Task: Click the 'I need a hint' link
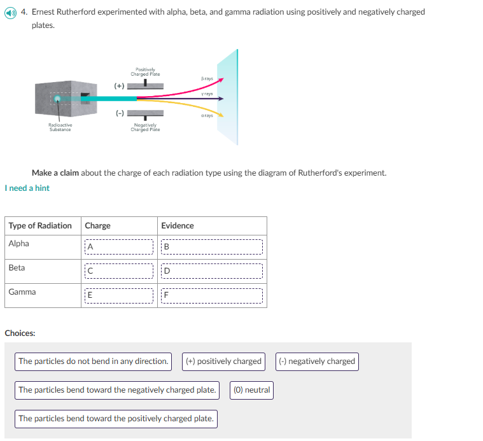pyautogui.click(x=27, y=188)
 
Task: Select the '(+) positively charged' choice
pyautogui.click(x=223, y=361)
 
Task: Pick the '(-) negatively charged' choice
pyautogui.click(x=317, y=361)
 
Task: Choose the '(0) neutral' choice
pyautogui.click(x=252, y=390)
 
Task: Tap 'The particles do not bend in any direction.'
pyautogui.click(x=94, y=361)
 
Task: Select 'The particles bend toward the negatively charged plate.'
pyautogui.click(x=117, y=390)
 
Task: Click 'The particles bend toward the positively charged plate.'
pyautogui.click(x=116, y=419)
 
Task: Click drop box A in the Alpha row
pyautogui.click(x=119, y=246)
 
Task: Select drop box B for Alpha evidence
pyautogui.click(x=212, y=246)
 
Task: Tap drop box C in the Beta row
pyautogui.click(x=119, y=271)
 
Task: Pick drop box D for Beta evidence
pyautogui.click(x=212, y=271)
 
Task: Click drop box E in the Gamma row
pyautogui.click(x=119, y=295)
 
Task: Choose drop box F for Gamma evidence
pyautogui.click(x=212, y=295)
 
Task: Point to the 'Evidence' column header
pyautogui.click(x=178, y=226)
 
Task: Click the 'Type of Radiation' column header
pyautogui.click(x=40, y=226)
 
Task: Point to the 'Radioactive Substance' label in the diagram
pyautogui.click(x=60, y=127)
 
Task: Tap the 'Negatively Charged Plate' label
pyautogui.click(x=145, y=127)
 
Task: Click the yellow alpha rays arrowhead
pyautogui.click(x=221, y=116)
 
